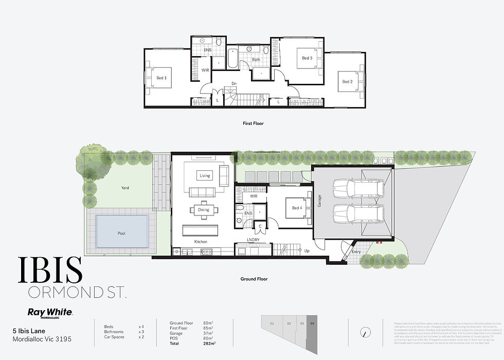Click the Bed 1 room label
click(x=161, y=78)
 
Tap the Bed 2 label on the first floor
click(x=348, y=81)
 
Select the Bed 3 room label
click(x=307, y=58)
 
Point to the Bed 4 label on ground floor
click(x=297, y=208)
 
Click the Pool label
click(x=121, y=233)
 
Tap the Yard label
click(x=125, y=188)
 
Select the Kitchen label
click(x=201, y=241)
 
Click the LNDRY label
click(x=253, y=240)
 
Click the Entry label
click(x=356, y=251)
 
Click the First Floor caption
click(x=254, y=123)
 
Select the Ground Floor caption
click(x=254, y=279)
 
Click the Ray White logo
click(x=49, y=312)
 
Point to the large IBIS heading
click(x=50, y=271)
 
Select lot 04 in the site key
click(x=313, y=323)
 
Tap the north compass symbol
click(x=365, y=332)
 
